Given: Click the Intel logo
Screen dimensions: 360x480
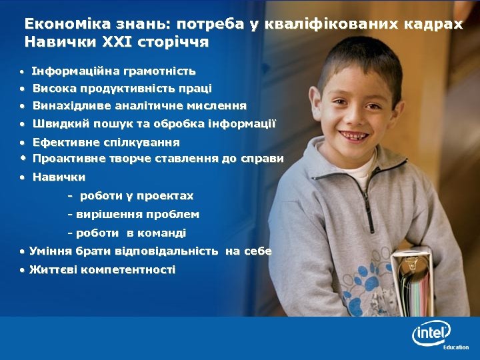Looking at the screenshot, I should point(431,331).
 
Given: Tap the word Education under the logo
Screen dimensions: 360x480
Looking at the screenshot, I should point(456,347).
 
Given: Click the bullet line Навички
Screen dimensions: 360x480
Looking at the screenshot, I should point(59,177).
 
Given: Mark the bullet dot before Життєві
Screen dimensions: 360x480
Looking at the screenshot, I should point(23,270).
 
